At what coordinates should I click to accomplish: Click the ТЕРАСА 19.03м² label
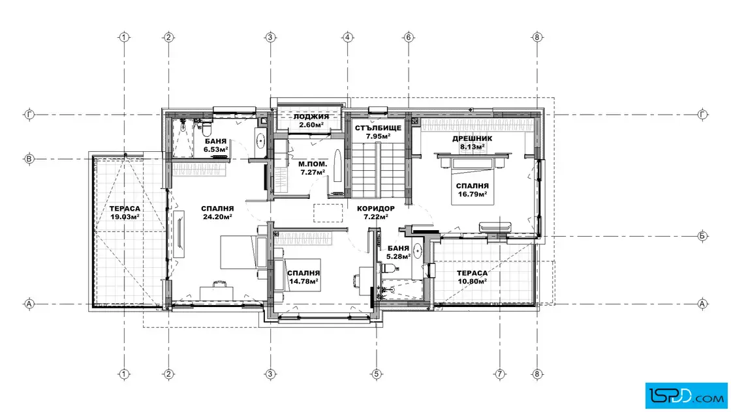click(125, 213)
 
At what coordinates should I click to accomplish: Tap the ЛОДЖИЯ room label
click(311, 117)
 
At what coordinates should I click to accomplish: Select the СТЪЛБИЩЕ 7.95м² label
click(378, 132)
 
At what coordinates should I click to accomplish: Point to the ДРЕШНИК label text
click(472, 138)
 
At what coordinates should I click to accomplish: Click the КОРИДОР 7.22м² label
click(376, 213)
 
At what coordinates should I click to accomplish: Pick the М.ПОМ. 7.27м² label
click(313, 168)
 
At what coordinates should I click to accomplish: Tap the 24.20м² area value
click(217, 217)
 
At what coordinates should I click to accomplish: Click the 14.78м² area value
click(303, 281)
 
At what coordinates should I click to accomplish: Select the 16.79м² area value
click(473, 194)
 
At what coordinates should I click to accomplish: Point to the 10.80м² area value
click(473, 281)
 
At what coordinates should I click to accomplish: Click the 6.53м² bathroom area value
click(215, 149)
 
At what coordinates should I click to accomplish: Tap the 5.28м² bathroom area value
click(398, 256)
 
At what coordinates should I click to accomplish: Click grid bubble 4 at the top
click(347, 37)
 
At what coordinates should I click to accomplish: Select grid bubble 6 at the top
click(409, 37)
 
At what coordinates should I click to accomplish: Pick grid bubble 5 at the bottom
click(376, 374)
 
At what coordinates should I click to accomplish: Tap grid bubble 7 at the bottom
click(500, 374)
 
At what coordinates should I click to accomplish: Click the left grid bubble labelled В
click(29, 159)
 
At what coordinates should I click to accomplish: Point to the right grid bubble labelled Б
click(702, 236)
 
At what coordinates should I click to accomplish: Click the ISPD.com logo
click(686, 395)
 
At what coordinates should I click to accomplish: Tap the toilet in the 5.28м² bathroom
click(388, 268)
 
